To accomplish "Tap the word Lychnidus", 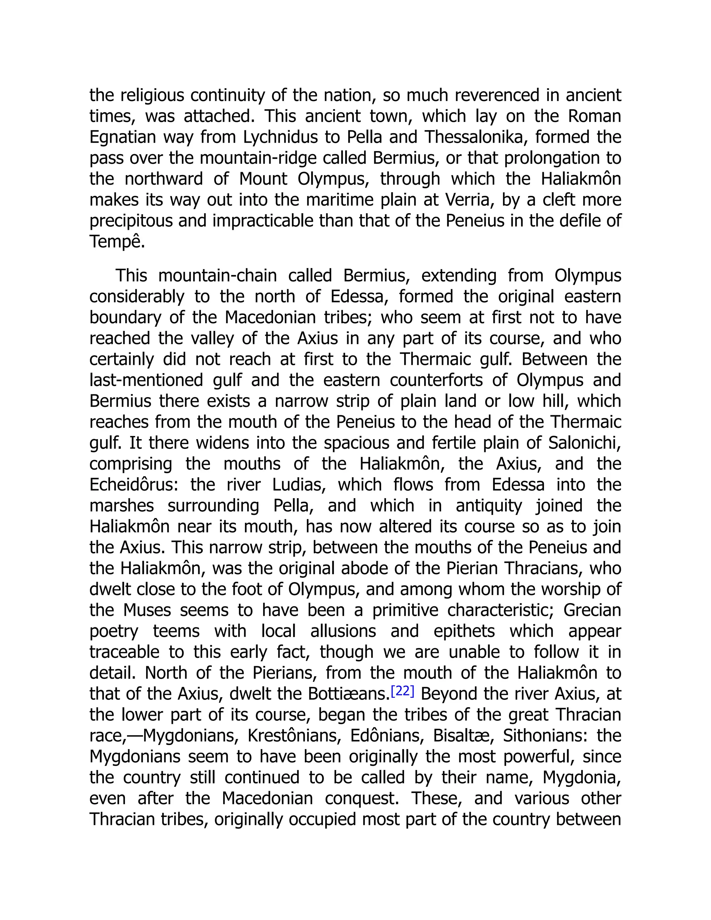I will tap(285, 137).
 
